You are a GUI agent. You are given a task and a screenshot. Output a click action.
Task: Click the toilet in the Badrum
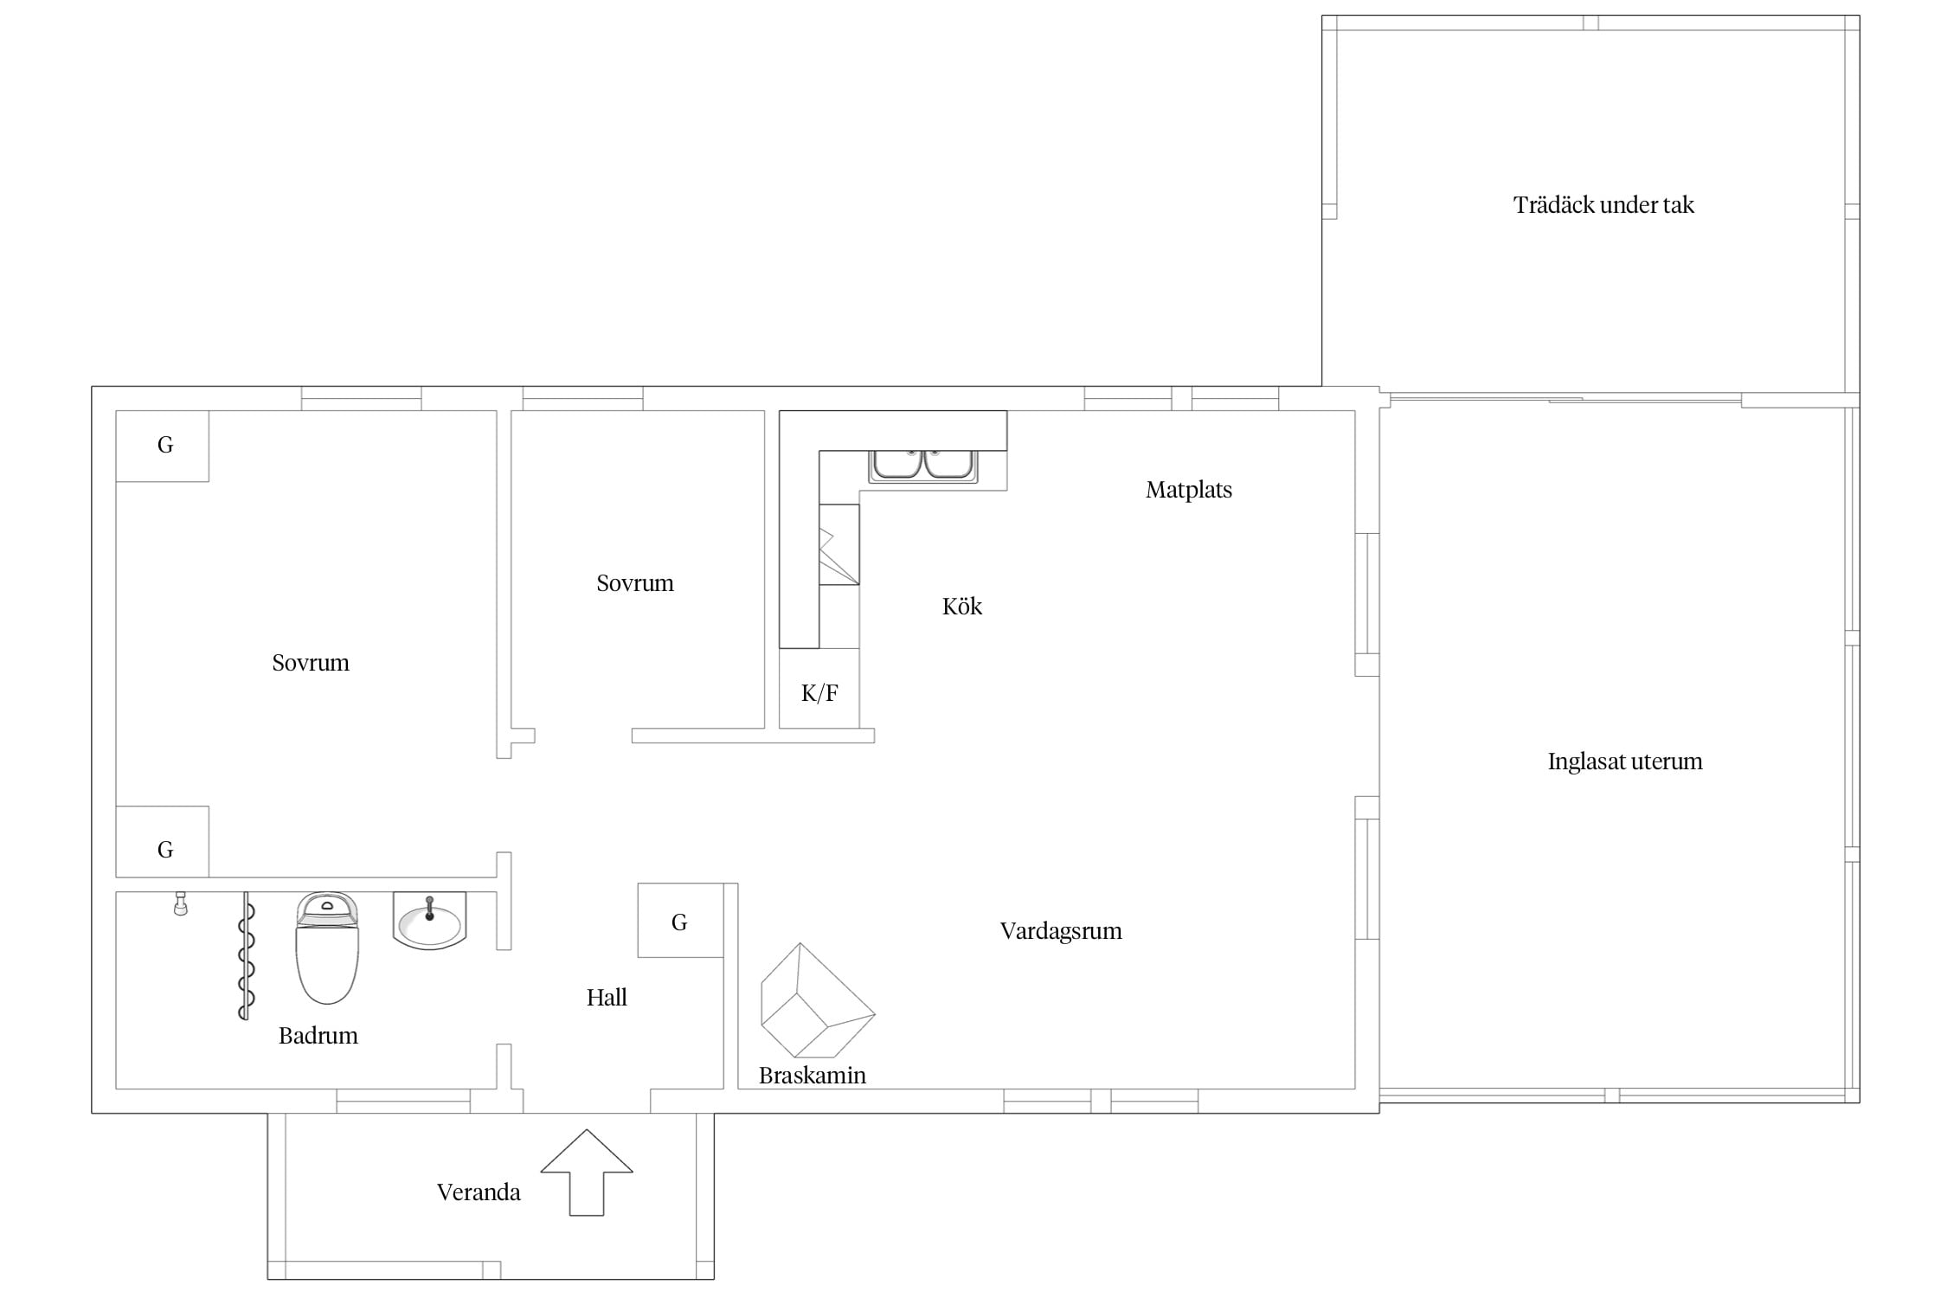point(327,948)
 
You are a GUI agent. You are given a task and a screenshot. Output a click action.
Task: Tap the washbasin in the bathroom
point(429,921)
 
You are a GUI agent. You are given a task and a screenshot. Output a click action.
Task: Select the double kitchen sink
point(923,466)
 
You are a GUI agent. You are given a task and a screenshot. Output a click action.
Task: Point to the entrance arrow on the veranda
point(587,1173)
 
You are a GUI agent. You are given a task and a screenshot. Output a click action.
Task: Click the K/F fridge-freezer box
point(819,689)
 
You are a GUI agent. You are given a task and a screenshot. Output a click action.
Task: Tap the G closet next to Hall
point(680,921)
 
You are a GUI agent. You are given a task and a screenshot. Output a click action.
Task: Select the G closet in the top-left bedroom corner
point(163,446)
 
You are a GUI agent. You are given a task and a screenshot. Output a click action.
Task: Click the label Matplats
point(1189,491)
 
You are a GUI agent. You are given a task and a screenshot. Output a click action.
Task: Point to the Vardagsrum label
point(1061,931)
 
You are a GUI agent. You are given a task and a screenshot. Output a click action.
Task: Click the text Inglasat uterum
point(1625,761)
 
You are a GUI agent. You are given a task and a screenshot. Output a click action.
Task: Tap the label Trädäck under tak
point(1603,205)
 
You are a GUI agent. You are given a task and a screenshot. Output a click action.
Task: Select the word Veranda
point(479,1192)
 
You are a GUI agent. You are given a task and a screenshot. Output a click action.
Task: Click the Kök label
point(962,606)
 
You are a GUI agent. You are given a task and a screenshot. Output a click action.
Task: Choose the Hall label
point(607,998)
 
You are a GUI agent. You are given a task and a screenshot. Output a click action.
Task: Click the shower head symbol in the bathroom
point(181,903)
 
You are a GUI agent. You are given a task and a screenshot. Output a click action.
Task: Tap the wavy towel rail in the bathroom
point(247,956)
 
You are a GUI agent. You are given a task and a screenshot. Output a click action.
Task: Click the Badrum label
point(318,1036)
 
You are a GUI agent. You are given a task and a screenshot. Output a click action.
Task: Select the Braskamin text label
point(813,1076)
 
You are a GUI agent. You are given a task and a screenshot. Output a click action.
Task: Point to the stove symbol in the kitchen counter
point(839,544)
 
